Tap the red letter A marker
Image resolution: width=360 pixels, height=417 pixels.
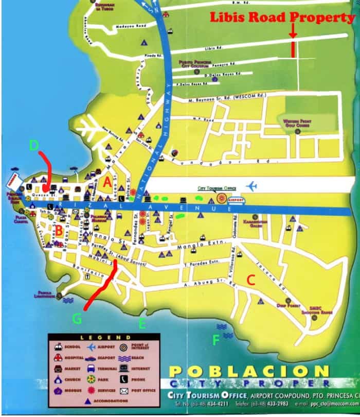pyautogui.click(x=107, y=182)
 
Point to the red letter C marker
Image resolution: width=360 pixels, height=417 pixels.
pyautogui.click(x=251, y=280)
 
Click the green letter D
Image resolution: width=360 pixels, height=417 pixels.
pyautogui.click(x=34, y=146)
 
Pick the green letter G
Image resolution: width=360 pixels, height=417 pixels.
pyautogui.click(x=77, y=319)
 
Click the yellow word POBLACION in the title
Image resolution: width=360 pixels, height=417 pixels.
pyautogui.click(x=249, y=372)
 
